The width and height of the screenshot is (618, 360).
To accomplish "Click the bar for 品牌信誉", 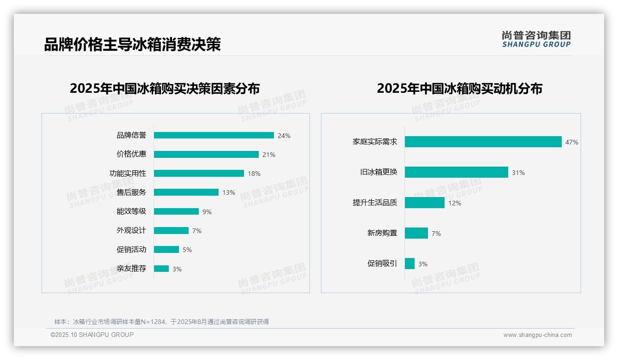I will pos(214,135).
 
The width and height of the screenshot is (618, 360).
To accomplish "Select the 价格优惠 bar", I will pos(206,154).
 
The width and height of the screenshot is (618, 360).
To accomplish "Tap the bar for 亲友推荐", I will pos(161,269).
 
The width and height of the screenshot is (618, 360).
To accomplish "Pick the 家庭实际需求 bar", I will pos(483,142).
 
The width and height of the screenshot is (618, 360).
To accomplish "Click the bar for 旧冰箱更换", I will pos(456,172).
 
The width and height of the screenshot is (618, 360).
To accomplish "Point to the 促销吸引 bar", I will pos(410,264).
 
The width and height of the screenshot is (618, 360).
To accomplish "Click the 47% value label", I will pos(571,142).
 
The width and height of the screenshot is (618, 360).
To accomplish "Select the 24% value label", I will pos(284,136).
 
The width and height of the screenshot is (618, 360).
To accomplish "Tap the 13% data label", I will pos(229,192).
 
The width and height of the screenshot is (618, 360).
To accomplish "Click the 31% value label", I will pos(518,173).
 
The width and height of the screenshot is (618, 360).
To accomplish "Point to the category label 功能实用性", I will pos(128,173).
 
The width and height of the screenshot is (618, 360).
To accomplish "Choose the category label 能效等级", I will pos(131,211).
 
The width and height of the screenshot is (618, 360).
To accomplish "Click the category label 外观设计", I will pos(131,230).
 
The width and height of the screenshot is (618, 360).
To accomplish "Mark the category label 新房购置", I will pos(382,233).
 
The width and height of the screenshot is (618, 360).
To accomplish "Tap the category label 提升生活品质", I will pos(374,203).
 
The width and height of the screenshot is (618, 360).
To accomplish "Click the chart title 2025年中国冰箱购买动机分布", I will pos(459,89).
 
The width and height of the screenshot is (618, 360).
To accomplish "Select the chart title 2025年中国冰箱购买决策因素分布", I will pos(165,89).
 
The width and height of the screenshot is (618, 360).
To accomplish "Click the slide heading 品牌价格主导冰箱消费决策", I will pos(132,44).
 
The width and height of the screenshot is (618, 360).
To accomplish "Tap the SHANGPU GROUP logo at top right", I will pos(536,39).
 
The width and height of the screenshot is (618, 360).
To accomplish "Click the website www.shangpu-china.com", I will pos(537,335).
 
